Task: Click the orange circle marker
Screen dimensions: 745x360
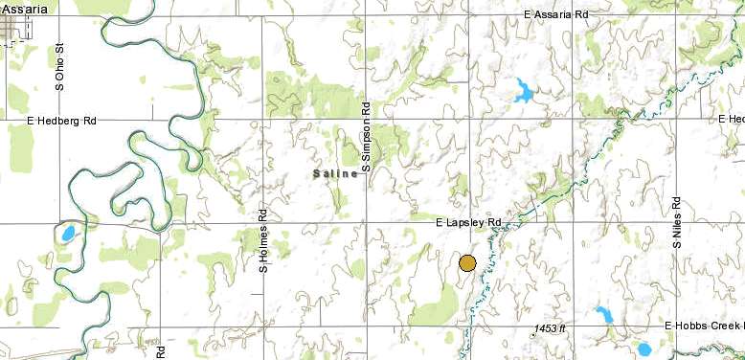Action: point(467,263)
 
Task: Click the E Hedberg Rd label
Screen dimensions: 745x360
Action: point(62,122)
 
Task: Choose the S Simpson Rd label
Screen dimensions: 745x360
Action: point(365,139)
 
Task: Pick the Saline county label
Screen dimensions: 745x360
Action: point(335,173)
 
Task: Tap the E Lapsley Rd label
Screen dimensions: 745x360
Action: point(468,222)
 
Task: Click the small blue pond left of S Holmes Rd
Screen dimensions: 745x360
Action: point(67,233)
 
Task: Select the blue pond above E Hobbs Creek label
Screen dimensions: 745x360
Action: point(604,315)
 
